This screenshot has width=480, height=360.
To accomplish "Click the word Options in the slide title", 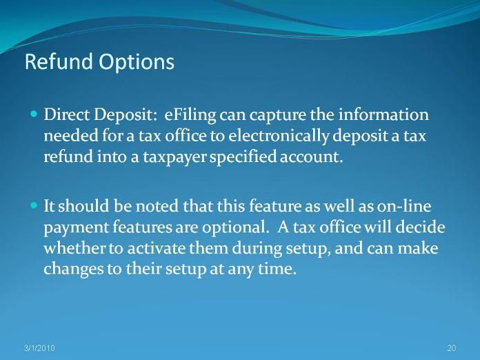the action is coord(137,63).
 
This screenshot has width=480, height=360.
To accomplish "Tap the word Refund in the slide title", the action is coord(59,61).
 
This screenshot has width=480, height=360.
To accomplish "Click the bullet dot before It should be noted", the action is coord(34,205).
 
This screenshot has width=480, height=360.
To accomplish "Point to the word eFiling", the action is coord(190,115).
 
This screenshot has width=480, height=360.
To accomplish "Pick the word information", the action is coord(383,114).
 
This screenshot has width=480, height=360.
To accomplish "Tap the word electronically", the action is coord(278,137).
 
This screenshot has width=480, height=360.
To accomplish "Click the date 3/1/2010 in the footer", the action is coord(39,348).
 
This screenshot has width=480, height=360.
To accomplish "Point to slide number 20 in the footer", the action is coord(452,348).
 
